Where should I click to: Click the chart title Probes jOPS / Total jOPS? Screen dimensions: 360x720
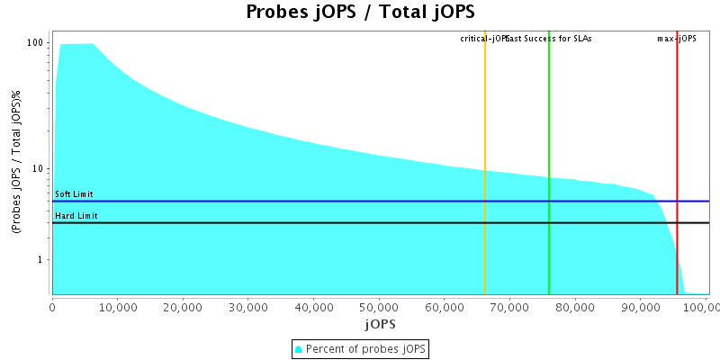(x=360, y=13)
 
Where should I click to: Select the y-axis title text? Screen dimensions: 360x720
(x=16, y=163)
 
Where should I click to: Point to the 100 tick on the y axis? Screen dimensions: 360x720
(x=36, y=43)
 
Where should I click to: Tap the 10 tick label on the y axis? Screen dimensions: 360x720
(x=39, y=169)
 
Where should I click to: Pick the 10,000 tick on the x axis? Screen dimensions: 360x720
(x=118, y=308)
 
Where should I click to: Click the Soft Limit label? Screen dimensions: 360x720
(x=74, y=194)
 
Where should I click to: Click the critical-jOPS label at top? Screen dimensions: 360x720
(x=482, y=39)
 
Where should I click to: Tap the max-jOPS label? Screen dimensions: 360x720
(x=677, y=39)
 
